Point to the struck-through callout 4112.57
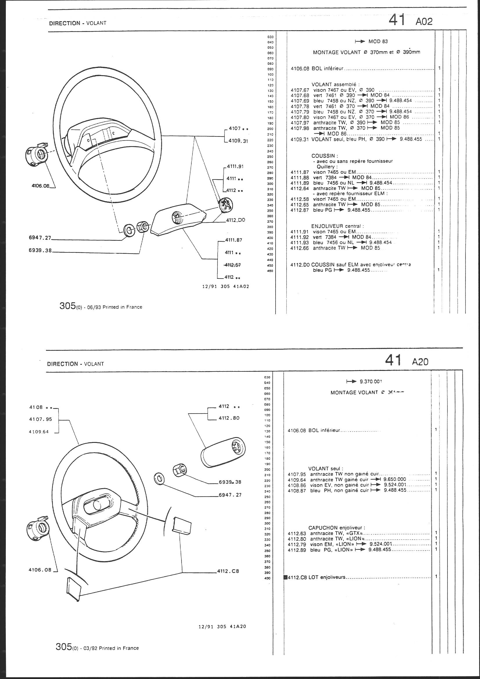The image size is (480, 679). tap(233, 265)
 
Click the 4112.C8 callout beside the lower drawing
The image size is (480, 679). tap(228, 571)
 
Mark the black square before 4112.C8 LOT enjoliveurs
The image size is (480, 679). tap(285, 577)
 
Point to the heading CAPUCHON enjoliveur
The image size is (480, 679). tap(337, 528)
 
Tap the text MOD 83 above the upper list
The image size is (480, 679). tap(378, 42)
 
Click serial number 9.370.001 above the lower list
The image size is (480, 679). tap(371, 382)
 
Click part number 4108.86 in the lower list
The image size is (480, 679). tap(297, 485)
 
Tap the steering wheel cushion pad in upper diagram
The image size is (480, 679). tap(177, 222)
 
